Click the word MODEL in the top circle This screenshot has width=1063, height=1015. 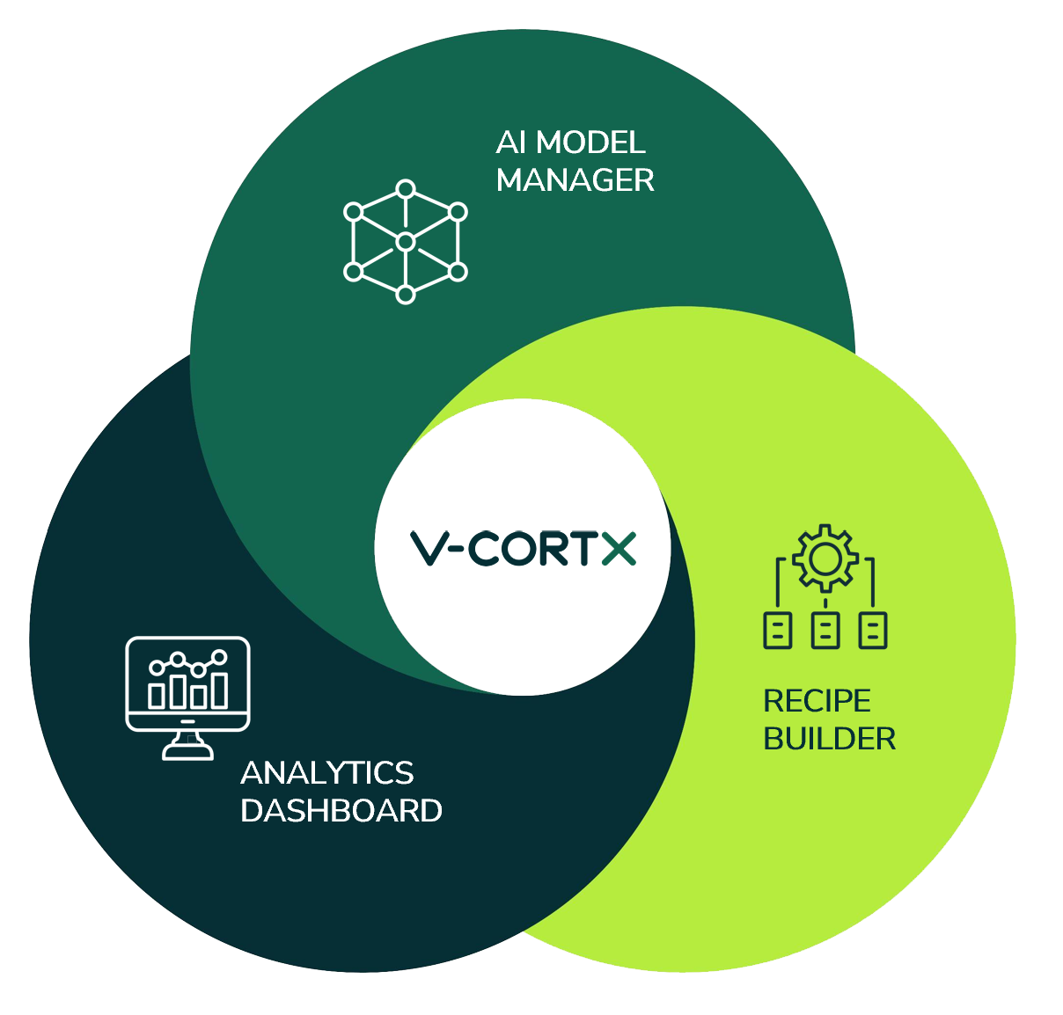590,142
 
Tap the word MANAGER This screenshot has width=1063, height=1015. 575,180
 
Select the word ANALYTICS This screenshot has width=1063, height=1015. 326,773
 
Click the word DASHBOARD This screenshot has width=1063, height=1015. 341,811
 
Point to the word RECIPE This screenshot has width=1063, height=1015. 817,701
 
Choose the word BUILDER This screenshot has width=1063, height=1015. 829,739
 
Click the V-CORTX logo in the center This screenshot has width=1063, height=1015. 524,547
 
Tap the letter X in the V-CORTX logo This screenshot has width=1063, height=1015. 619,547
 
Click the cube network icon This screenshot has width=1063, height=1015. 405,242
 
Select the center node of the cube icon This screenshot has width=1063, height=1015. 405,242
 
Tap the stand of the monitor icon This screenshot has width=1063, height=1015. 187,745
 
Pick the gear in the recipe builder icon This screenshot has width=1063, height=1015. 825,558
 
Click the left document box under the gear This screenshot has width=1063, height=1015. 777,630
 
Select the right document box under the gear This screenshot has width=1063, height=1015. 872,630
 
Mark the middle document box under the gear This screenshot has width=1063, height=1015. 825,630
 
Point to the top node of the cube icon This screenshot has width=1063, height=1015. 405,188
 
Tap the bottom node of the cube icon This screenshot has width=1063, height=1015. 405,295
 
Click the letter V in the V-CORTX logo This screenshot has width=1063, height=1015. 430,547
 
